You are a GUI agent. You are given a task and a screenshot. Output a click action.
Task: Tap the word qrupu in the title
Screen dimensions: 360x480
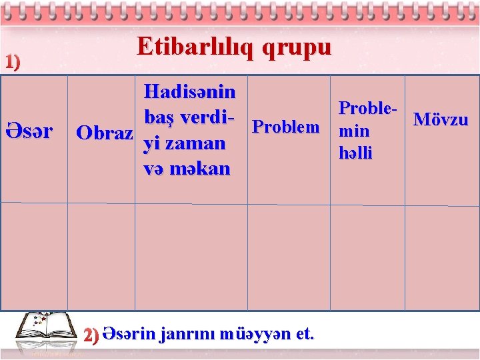[x=297, y=47]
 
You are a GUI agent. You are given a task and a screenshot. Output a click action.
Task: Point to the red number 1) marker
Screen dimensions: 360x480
[x=12, y=62]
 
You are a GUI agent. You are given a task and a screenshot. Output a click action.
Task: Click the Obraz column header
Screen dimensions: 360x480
[x=104, y=132]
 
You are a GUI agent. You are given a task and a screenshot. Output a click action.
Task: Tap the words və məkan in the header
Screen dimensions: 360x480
[x=187, y=169]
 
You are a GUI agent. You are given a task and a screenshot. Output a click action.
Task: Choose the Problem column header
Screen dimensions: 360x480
[x=287, y=127]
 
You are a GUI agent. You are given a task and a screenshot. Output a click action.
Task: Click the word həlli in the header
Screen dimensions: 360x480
[x=355, y=153]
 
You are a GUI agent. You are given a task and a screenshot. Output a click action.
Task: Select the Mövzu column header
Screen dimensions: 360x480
[x=441, y=120]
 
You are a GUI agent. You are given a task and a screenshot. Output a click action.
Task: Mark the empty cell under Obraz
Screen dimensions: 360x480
[x=101, y=257]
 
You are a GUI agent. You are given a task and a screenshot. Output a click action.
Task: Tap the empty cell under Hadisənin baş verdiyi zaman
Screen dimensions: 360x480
[x=191, y=257]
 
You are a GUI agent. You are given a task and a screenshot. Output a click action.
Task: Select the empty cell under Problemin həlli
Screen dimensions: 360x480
[x=368, y=257]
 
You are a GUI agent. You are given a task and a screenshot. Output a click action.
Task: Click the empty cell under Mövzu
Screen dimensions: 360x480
[x=441, y=257]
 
